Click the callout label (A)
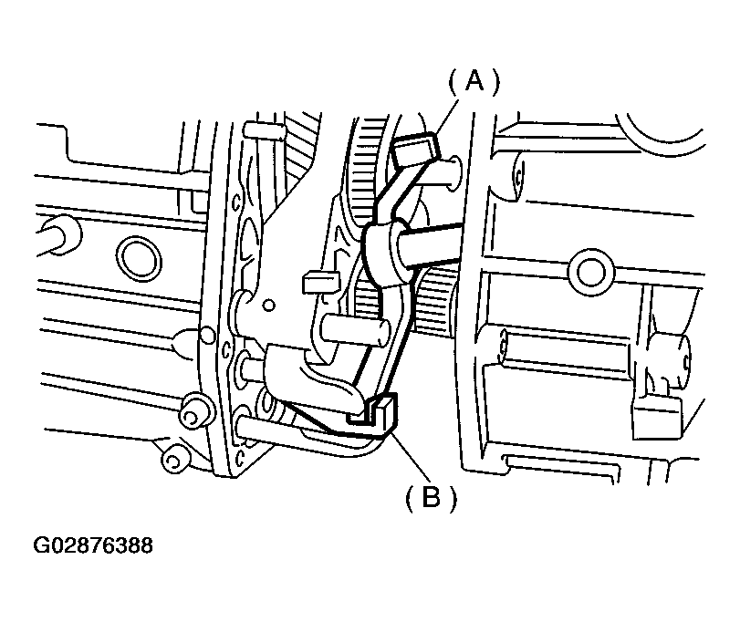[473, 81]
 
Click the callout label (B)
[432, 497]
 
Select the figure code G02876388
[93, 545]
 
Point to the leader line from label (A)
[446, 117]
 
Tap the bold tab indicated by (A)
[416, 147]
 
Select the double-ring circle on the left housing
[139, 258]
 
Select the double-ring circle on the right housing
[591, 272]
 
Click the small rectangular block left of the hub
[320, 281]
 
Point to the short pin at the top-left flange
[264, 130]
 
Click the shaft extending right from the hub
[427, 243]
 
